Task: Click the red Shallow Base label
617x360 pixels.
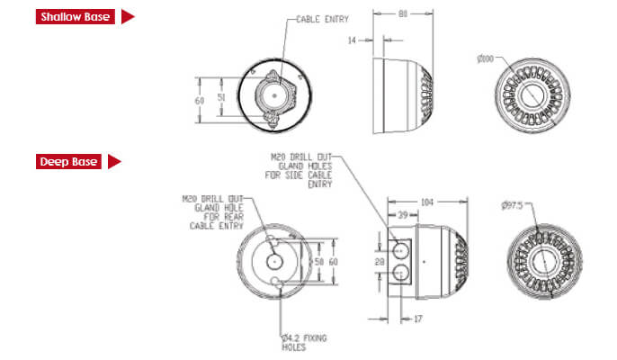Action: (x=76, y=16)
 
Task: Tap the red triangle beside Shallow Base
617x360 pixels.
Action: (x=128, y=16)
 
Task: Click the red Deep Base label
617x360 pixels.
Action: (x=67, y=162)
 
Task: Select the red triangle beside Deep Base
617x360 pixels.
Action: (x=114, y=162)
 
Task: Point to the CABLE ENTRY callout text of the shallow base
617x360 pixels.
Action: (x=321, y=19)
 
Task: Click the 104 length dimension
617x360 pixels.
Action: (x=426, y=203)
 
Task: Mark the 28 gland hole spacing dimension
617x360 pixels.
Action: (x=380, y=260)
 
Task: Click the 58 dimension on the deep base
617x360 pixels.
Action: (x=318, y=260)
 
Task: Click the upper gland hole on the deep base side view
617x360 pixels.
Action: (x=399, y=246)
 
